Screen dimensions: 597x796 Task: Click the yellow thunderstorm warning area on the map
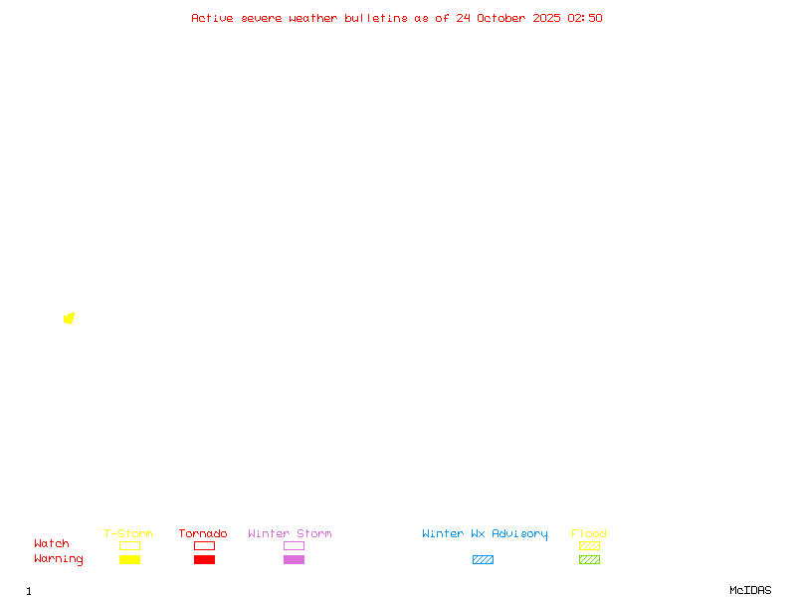tap(69, 318)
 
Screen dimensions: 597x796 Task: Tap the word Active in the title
tap(212, 18)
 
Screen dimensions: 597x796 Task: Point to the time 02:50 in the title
tap(585, 18)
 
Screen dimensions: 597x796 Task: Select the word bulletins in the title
tap(376, 18)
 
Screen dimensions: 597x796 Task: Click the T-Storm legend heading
tap(128, 533)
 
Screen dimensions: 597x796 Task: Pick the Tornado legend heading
tap(203, 533)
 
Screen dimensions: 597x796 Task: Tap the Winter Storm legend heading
tap(290, 533)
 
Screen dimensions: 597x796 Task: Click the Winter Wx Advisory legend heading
tap(485, 533)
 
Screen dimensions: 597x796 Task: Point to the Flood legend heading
tap(589, 533)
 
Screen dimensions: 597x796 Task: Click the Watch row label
tap(52, 544)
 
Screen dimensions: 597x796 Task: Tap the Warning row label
tap(59, 559)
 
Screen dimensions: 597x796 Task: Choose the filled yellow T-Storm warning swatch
tap(129, 560)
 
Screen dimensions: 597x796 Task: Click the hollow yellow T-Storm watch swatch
tap(129, 545)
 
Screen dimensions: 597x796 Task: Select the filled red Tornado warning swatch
tap(204, 560)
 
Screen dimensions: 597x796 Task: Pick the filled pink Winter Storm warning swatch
tap(294, 560)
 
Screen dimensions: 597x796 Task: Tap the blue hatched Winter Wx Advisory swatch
tap(483, 560)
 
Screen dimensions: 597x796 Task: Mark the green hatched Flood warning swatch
tap(589, 560)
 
